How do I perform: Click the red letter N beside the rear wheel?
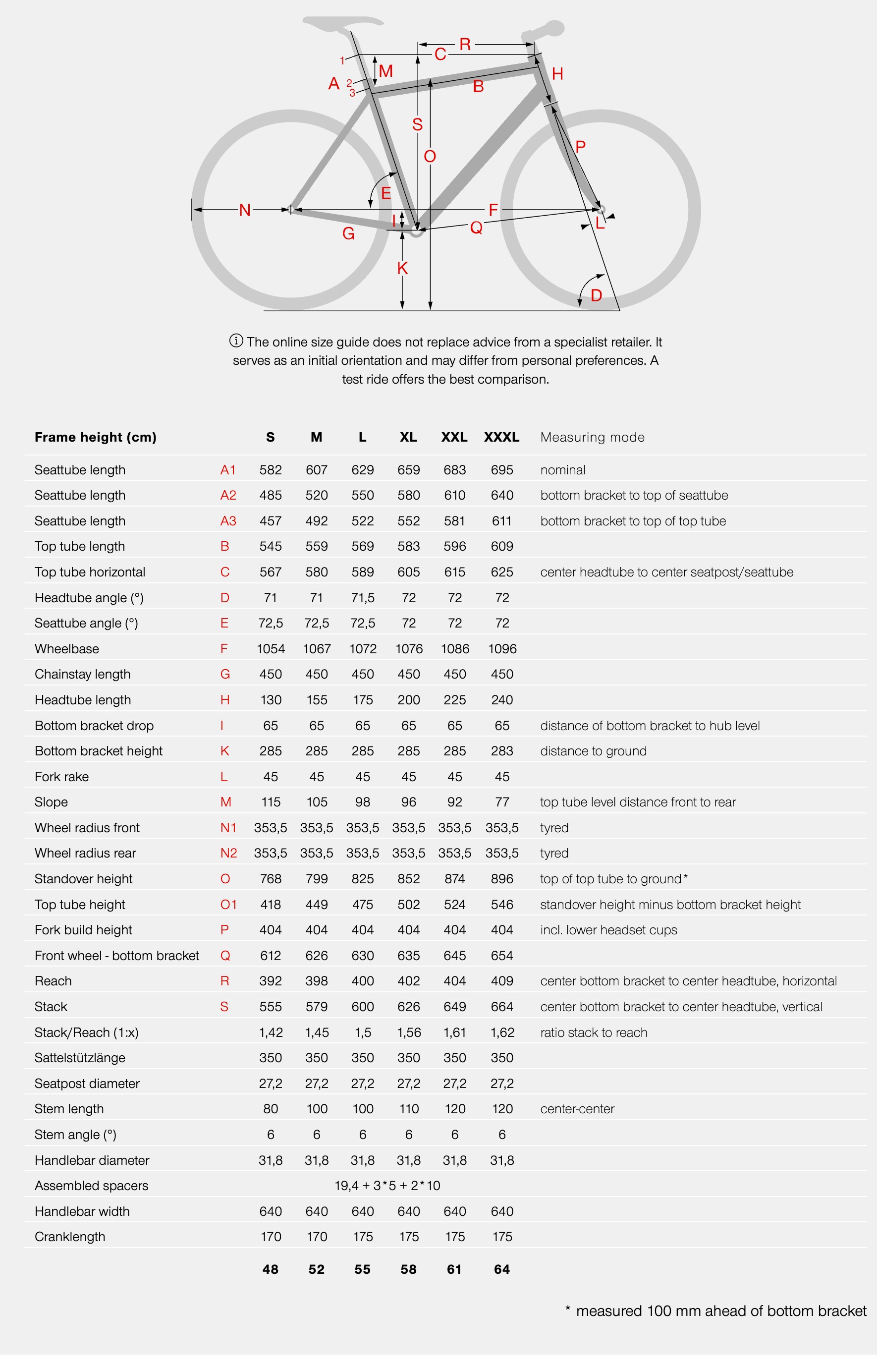pos(245,210)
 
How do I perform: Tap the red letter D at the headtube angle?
pos(596,295)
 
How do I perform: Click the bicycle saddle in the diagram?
pos(342,23)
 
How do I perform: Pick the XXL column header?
pos(454,437)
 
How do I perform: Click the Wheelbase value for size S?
pos(271,649)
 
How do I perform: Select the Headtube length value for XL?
pos(408,699)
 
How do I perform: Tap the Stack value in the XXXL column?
pos(502,1007)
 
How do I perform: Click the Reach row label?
pos(53,981)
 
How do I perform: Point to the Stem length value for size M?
pos(317,1108)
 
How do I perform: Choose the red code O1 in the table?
pos(228,905)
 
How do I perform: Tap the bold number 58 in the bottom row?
pos(408,1269)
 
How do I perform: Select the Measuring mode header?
pos(592,437)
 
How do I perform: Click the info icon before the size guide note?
pos(236,341)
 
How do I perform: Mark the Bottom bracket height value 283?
pos(502,751)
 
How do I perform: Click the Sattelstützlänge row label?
pos(80,1058)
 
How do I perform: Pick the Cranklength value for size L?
pos(363,1237)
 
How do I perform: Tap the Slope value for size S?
pos(271,802)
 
